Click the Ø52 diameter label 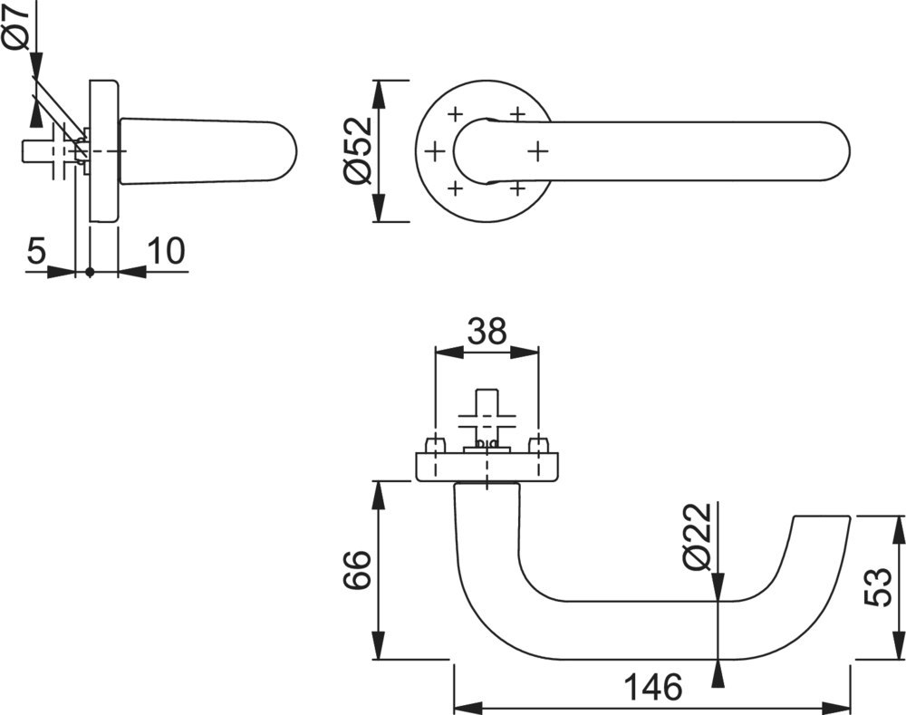tap(357, 150)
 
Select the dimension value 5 tap(35, 251)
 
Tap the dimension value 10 tap(164, 251)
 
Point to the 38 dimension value tap(487, 331)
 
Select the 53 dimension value tap(877, 587)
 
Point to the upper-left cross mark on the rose tap(455, 113)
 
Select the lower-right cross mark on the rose tap(517, 188)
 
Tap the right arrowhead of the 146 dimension tap(842, 705)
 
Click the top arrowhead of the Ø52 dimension tap(378, 88)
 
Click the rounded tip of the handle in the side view tap(288, 153)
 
